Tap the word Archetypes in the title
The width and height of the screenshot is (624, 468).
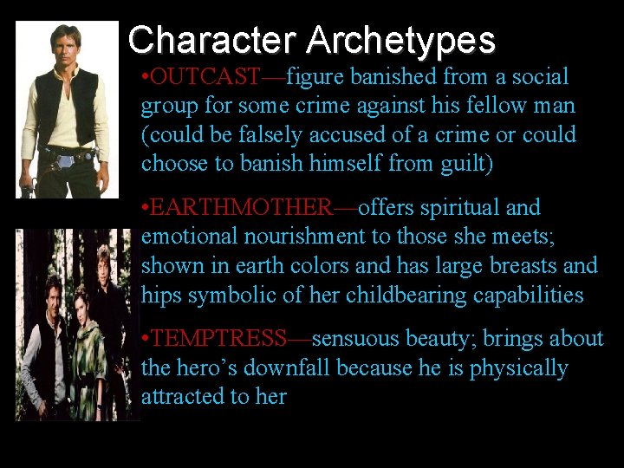400,40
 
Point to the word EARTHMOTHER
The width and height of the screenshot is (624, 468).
244,208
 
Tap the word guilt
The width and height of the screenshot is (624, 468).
460,164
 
